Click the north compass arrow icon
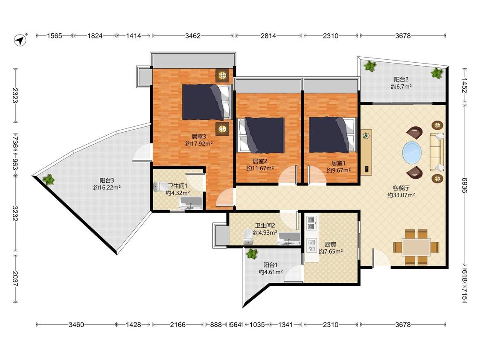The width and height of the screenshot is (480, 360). [x=20, y=40]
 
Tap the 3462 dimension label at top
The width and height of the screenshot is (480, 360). [x=193, y=36]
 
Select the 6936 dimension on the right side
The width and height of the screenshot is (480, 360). [x=464, y=185]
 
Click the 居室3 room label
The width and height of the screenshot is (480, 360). [x=199, y=136]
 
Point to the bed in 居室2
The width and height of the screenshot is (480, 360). [x=261, y=135]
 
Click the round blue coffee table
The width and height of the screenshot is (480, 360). [x=412, y=152]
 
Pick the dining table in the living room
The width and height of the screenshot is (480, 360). [x=416, y=247]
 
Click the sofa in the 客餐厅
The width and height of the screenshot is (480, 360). [x=437, y=152]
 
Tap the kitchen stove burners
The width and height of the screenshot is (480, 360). [x=311, y=223]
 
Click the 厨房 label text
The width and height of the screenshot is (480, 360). [x=330, y=244]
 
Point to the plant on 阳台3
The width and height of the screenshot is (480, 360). [x=48, y=180]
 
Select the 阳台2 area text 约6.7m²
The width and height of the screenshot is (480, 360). [x=401, y=87]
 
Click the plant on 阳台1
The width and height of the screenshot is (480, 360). [x=252, y=254]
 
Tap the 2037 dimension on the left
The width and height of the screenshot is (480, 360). [x=15, y=279]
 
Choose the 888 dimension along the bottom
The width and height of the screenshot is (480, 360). [x=216, y=325]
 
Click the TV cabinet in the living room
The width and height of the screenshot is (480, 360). [x=366, y=152]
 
